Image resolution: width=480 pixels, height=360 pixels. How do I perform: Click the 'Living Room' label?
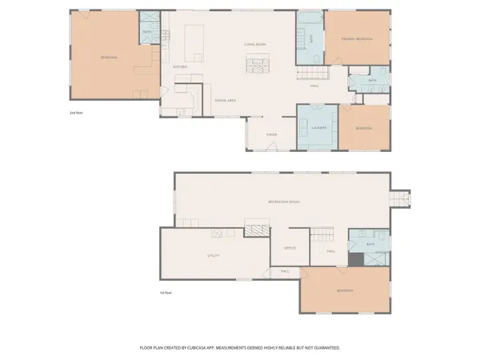(x=254, y=44)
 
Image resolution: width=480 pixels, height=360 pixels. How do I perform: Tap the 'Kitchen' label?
(x=180, y=66)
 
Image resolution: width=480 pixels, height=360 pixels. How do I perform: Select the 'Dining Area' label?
(x=225, y=100)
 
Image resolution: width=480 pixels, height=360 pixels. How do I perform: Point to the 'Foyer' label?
(x=271, y=134)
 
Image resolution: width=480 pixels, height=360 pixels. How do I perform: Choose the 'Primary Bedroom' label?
(x=358, y=39)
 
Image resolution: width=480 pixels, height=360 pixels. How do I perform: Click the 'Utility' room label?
(x=213, y=256)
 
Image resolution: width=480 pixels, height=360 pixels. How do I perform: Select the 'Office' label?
(x=290, y=248)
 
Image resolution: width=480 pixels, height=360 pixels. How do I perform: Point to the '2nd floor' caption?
(x=77, y=114)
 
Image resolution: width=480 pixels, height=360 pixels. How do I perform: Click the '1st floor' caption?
(x=166, y=293)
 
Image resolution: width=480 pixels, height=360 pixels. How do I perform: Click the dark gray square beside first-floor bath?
(x=354, y=259)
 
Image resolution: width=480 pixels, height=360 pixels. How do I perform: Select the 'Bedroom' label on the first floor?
(x=346, y=290)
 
